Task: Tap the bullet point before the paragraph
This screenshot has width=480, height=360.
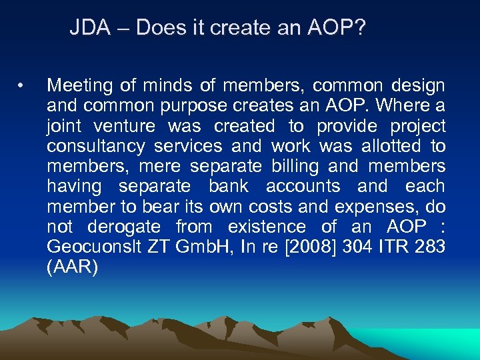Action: pyautogui.click(x=23, y=85)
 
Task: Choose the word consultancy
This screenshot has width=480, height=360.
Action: pyautogui.click(x=100, y=145)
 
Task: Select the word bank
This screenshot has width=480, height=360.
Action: pyautogui.click(x=229, y=185)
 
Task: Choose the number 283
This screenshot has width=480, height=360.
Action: pyautogui.click(x=429, y=247)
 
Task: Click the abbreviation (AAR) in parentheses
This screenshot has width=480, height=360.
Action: pyautogui.click(x=72, y=267)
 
